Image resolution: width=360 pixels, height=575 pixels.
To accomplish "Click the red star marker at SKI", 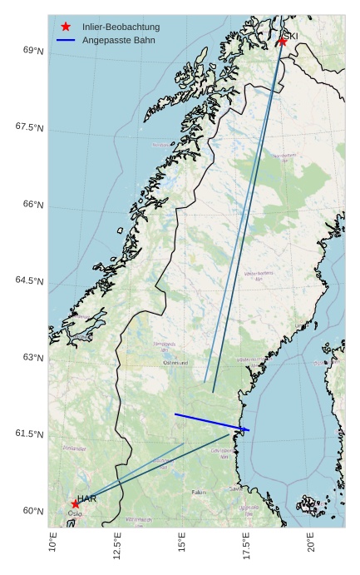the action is (283, 41).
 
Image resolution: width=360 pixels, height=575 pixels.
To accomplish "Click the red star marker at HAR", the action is (76, 503).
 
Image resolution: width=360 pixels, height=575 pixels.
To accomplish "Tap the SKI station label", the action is (290, 36).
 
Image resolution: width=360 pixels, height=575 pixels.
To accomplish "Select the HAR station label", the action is (86, 498).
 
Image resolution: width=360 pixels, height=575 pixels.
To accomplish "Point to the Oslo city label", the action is (75, 513).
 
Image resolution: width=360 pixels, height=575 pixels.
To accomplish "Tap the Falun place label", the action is (199, 493).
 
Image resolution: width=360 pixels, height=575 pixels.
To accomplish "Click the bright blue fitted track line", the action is (212, 422).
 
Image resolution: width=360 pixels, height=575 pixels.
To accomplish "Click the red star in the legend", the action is (66, 27).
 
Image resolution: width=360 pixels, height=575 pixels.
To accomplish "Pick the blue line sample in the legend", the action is (66, 40).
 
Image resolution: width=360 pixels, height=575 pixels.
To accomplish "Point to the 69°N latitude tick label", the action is (34, 51).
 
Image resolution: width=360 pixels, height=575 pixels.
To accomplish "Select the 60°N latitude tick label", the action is (34, 511).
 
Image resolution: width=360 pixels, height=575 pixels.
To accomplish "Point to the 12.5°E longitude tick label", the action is (117, 548).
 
